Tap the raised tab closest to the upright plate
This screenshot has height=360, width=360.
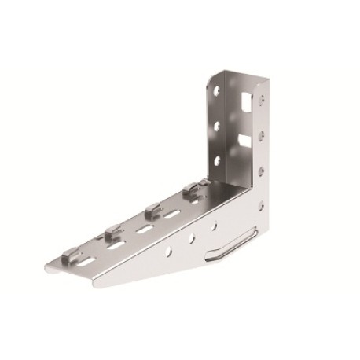191,189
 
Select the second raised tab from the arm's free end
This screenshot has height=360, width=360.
112,231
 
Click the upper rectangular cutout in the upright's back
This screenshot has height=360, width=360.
248,101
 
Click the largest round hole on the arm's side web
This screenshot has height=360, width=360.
167,252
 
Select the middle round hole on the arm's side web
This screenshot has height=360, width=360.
191,238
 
